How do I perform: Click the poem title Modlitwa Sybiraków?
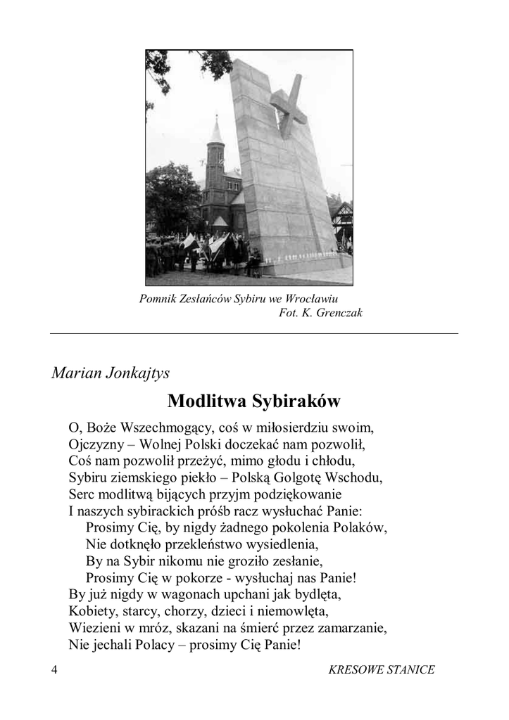tap(253, 401)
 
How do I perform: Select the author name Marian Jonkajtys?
tap(111, 373)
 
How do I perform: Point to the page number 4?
tap(54, 669)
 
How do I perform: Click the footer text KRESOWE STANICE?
tap(382, 669)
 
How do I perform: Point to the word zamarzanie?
tap(353, 626)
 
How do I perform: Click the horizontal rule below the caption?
tap(253, 333)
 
